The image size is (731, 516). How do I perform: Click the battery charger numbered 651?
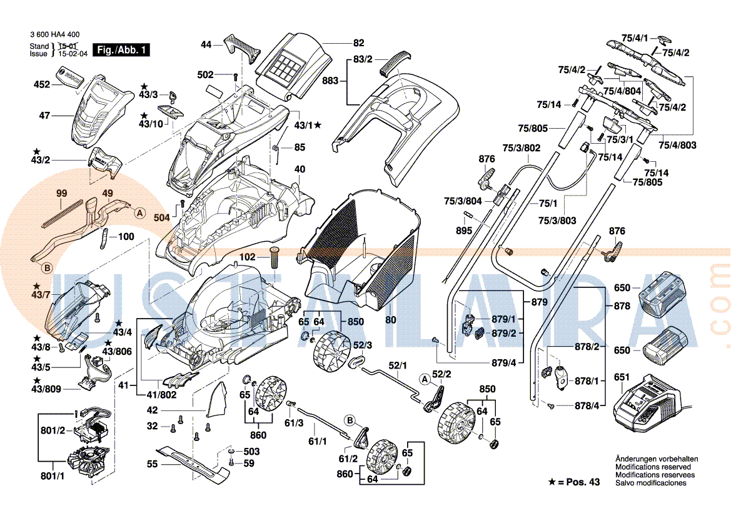pyautogui.click(x=650, y=405)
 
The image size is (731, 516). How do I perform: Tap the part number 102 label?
pyautogui.click(x=247, y=257)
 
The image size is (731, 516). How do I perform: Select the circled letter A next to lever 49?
pyautogui.click(x=140, y=213)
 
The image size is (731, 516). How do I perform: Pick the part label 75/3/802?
pyautogui.click(x=522, y=148)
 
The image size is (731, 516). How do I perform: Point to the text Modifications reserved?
pyautogui.click(x=653, y=467)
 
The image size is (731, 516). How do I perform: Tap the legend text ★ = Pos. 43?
pyautogui.click(x=573, y=482)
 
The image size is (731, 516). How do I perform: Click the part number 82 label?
pyautogui.click(x=358, y=43)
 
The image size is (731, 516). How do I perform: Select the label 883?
pyautogui.click(x=330, y=81)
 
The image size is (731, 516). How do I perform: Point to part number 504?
pyautogui.click(x=162, y=217)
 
